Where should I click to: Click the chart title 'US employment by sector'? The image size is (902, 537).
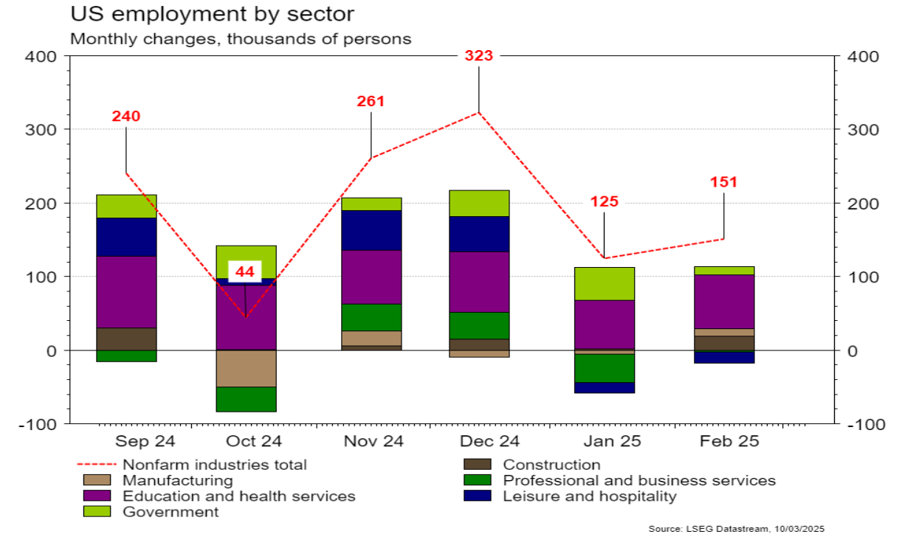(213, 14)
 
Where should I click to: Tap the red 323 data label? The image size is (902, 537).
(478, 56)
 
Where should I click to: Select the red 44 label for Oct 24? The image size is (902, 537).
(244, 272)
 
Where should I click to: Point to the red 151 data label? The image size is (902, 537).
(724, 182)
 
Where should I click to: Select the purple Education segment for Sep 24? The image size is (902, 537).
(126, 291)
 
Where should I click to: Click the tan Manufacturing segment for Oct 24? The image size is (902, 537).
(246, 368)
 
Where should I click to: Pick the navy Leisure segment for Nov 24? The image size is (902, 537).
(371, 230)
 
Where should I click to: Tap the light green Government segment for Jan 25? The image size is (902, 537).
(604, 283)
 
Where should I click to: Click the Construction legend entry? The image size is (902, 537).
(551, 465)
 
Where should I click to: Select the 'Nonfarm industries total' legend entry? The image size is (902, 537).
(214, 465)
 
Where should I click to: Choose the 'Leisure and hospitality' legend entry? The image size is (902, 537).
(589, 496)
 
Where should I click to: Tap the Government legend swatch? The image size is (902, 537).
(97, 512)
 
